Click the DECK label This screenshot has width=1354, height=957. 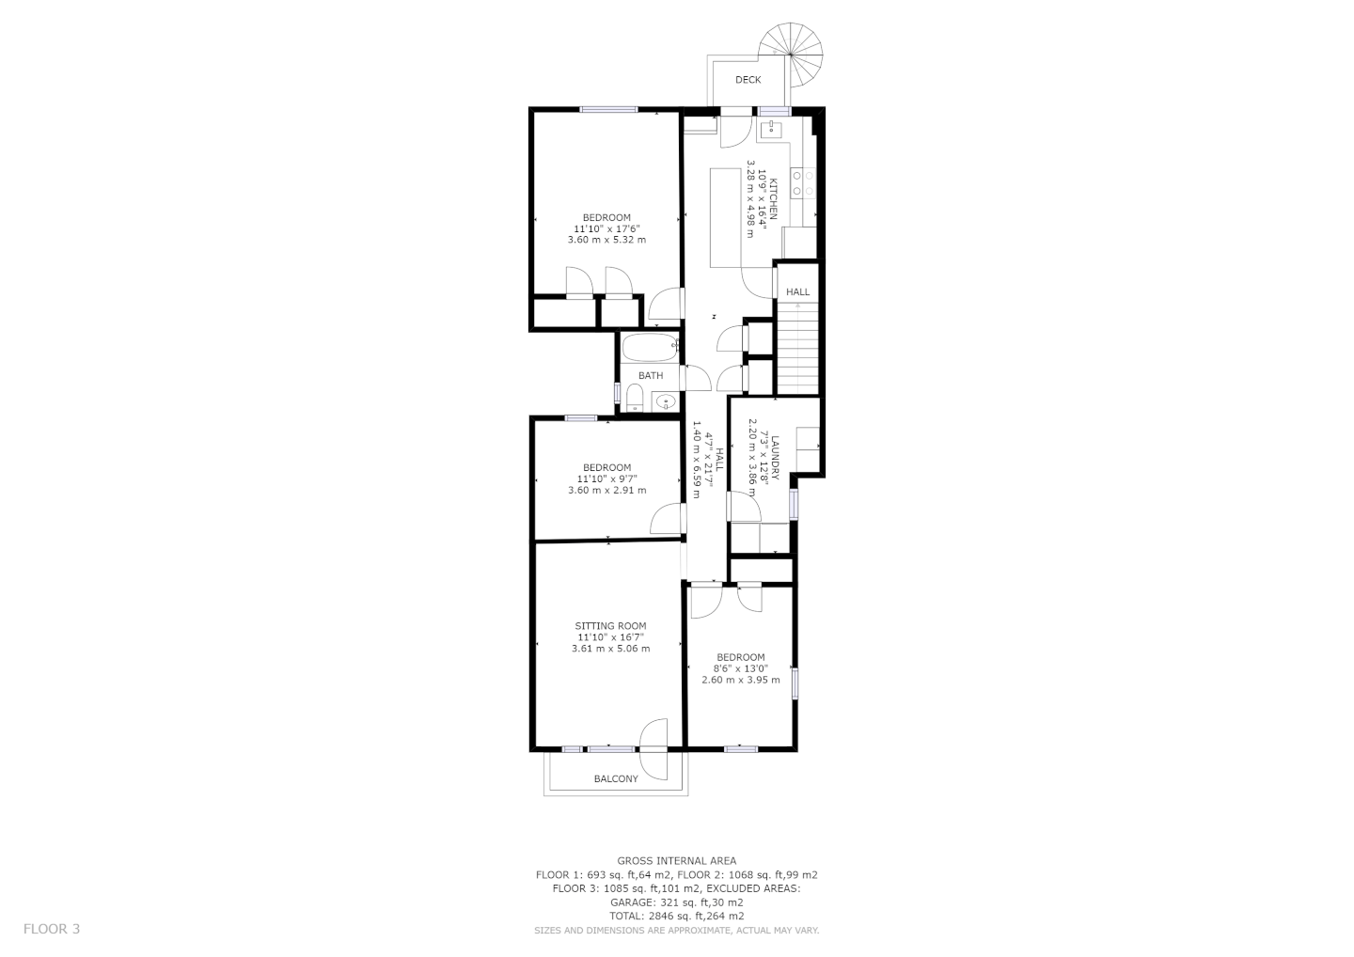point(748,80)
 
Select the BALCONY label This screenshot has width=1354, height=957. point(616,778)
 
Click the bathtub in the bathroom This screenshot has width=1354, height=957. point(650,348)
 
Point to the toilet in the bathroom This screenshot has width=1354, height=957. point(634,399)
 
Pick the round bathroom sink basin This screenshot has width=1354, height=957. point(666,401)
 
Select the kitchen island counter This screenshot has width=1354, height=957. point(725,217)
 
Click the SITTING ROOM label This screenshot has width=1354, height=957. point(610,626)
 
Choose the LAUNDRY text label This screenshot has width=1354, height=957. point(776,458)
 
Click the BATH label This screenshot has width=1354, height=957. point(651,375)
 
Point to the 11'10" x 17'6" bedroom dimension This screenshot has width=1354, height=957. point(606,228)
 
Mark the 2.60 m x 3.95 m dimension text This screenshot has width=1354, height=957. point(741,680)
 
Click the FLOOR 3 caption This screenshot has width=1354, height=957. point(52,929)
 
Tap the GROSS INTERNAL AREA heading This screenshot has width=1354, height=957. point(676,861)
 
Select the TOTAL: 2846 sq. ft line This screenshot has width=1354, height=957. point(676,916)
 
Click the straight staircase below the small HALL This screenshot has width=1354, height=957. point(798,348)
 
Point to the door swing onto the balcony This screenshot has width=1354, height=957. point(654,749)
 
